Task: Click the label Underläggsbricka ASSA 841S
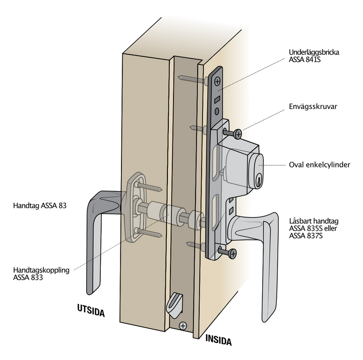tap(314, 56)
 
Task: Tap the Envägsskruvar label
tap(313, 106)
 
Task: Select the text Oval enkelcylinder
tap(320, 165)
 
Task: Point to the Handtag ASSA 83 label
tap(40, 206)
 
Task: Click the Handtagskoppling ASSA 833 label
tap(41, 274)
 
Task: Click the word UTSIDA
tap(91, 310)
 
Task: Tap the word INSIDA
tap(218, 340)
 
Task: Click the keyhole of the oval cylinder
tap(258, 182)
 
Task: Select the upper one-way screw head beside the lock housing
tap(238, 134)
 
